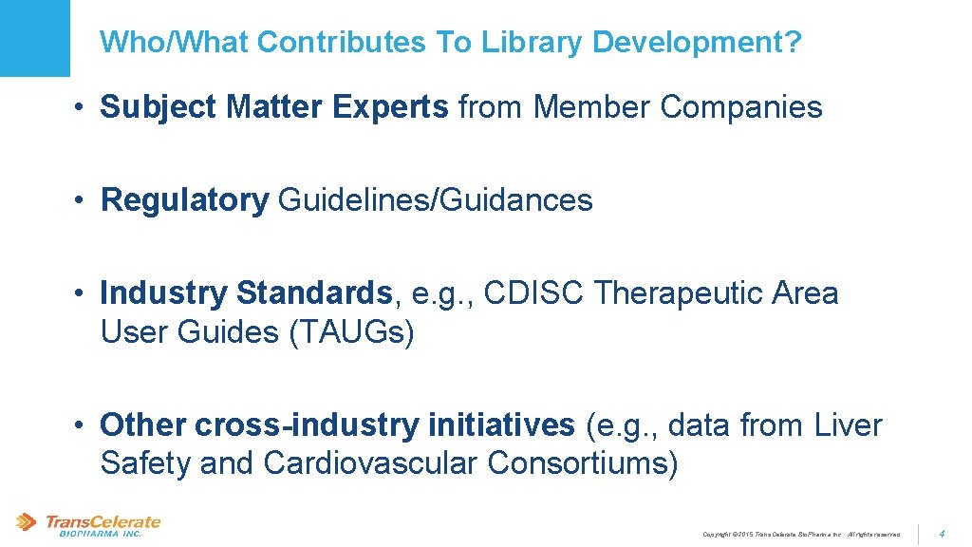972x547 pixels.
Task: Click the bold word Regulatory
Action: [x=185, y=200]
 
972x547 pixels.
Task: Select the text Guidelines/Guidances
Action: [x=436, y=200]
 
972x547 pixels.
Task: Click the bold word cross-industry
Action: [x=306, y=424]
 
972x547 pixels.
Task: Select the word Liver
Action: [x=849, y=424]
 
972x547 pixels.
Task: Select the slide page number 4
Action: [x=942, y=534]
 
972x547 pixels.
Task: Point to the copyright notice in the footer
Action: [x=801, y=535]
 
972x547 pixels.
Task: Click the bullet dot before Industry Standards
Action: [x=84, y=294]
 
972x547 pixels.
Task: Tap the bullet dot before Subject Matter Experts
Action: [x=84, y=108]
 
